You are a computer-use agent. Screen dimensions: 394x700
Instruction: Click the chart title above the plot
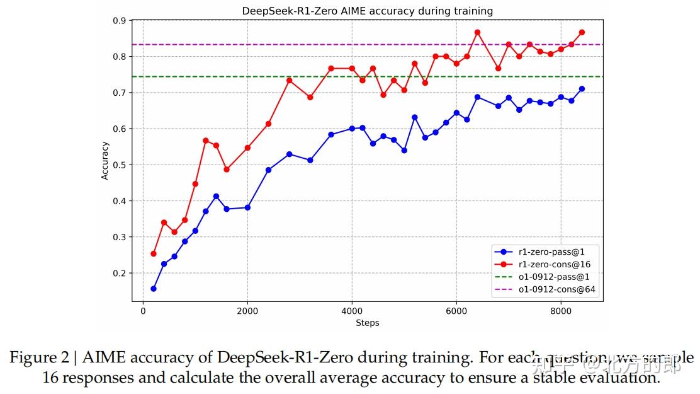point(368,11)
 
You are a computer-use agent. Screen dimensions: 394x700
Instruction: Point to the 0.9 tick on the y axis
point(119,21)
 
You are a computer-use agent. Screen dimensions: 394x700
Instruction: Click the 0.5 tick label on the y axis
point(119,165)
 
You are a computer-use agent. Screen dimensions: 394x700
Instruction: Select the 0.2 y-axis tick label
point(119,274)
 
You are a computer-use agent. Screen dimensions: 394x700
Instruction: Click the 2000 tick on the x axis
point(247,311)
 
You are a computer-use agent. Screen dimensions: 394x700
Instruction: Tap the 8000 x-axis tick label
point(560,311)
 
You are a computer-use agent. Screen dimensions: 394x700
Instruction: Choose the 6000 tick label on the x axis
point(456,311)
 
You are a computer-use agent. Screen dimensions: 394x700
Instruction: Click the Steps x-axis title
point(368,323)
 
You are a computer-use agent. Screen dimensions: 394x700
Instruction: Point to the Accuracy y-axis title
point(105,161)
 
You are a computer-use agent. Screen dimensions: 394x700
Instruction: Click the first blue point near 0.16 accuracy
point(154,288)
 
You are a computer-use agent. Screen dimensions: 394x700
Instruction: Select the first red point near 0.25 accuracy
point(154,253)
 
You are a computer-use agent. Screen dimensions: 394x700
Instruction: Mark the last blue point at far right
point(582,89)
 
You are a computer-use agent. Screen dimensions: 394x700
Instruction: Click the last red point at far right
point(582,32)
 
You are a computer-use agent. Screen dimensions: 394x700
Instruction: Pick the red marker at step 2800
point(289,80)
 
